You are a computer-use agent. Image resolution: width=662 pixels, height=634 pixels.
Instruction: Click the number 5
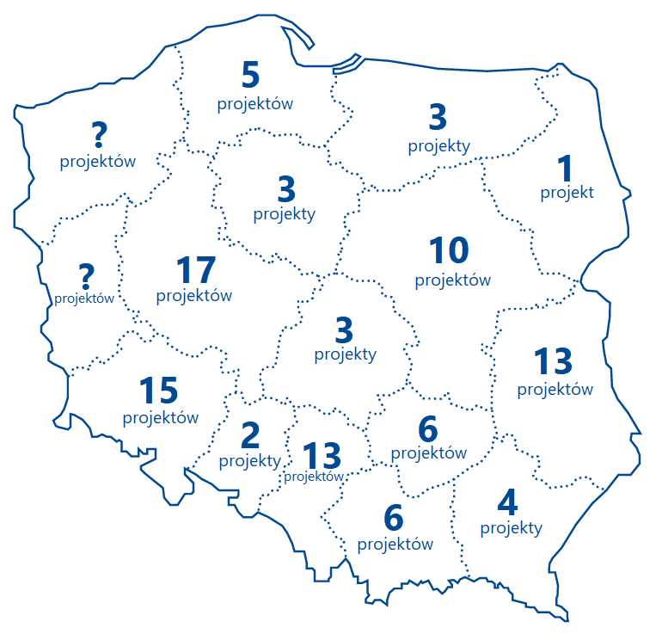coord(250,77)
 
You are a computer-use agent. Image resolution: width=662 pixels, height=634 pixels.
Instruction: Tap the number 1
coord(565,167)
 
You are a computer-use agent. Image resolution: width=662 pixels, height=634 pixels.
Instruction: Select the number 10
coord(449,250)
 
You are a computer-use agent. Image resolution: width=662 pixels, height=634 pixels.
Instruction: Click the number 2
coord(250,435)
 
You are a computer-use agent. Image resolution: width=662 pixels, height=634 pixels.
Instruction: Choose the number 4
coord(509,502)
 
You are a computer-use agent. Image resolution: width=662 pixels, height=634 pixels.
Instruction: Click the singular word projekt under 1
coord(567,192)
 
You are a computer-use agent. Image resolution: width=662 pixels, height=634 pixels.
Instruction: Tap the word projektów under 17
coord(194,295)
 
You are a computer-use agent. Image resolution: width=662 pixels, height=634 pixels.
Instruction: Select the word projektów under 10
coord(452,280)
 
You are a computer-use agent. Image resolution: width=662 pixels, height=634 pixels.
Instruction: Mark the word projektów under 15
coord(161,418)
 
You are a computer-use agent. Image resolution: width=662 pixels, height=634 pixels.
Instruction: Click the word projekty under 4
coord(512,527)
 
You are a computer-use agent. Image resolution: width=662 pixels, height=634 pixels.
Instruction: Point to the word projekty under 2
coord(250,461)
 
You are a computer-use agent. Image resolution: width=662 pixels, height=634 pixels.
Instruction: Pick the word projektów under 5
coord(255,104)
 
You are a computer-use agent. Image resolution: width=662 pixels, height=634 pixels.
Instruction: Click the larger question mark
coord(100,134)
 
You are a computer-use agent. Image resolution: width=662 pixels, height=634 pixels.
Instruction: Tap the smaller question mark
coord(85,276)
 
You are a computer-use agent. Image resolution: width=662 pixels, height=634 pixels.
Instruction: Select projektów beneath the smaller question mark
coord(84,299)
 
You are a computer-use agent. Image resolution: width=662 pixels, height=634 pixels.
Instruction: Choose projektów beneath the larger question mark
coord(98,161)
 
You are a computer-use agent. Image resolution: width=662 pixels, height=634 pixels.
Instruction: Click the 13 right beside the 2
coord(322,453)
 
